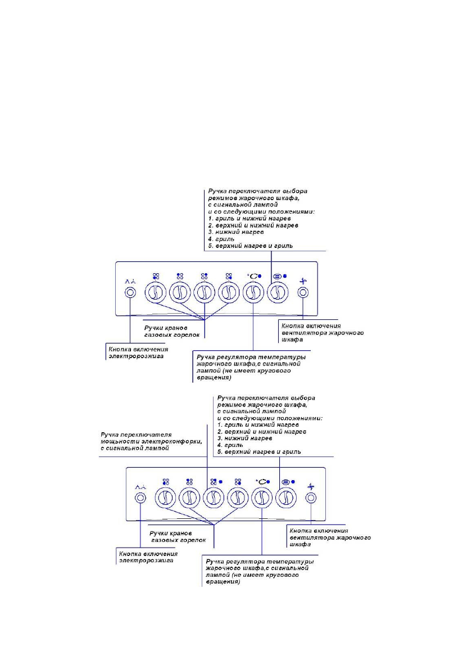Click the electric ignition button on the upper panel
pyautogui.click(x=130, y=293)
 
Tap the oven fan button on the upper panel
pyautogui.click(x=302, y=293)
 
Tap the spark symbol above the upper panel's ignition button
pyautogui.click(x=129, y=278)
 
